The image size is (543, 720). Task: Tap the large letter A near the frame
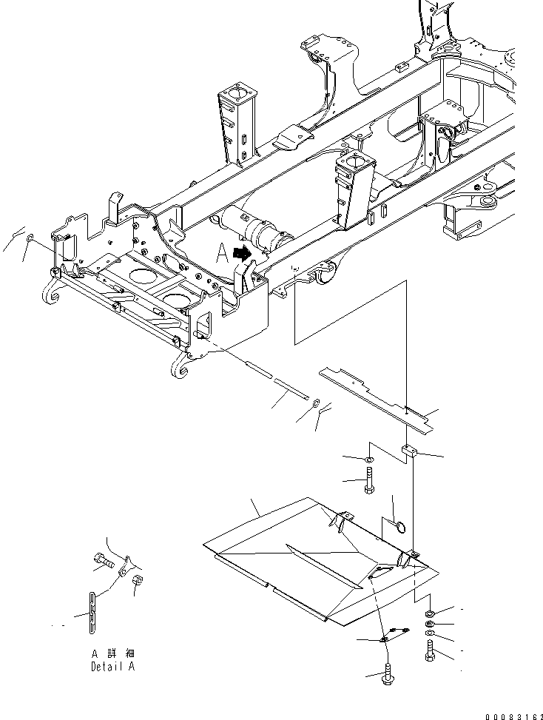pyautogui.click(x=221, y=255)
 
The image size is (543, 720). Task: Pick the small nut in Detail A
pyautogui.click(x=138, y=581)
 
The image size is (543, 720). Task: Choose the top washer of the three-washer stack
pyautogui.click(x=431, y=613)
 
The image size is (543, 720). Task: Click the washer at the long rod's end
pyautogui.click(x=315, y=403)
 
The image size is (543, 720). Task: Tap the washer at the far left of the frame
pyautogui.click(x=29, y=239)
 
